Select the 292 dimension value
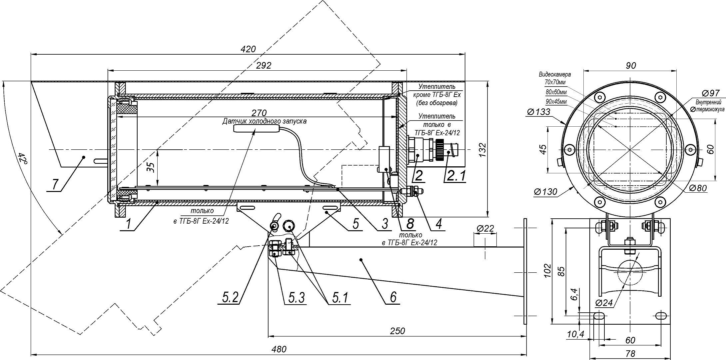pyautogui.click(x=264, y=65)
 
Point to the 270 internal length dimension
pyautogui.click(x=259, y=112)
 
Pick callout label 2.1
pyautogui.click(x=456, y=175)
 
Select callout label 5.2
pyautogui.click(x=231, y=297)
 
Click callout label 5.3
pyautogui.click(x=295, y=297)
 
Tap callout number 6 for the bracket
pyautogui.click(x=393, y=296)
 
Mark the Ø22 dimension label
pyautogui.click(x=485, y=228)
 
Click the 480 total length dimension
pyautogui.click(x=279, y=349)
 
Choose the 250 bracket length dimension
pyautogui.click(x=397, y=331)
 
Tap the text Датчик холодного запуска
pyautogui.click(x=264, y=121)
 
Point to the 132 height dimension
pyautogui.click(x=483, y=149)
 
